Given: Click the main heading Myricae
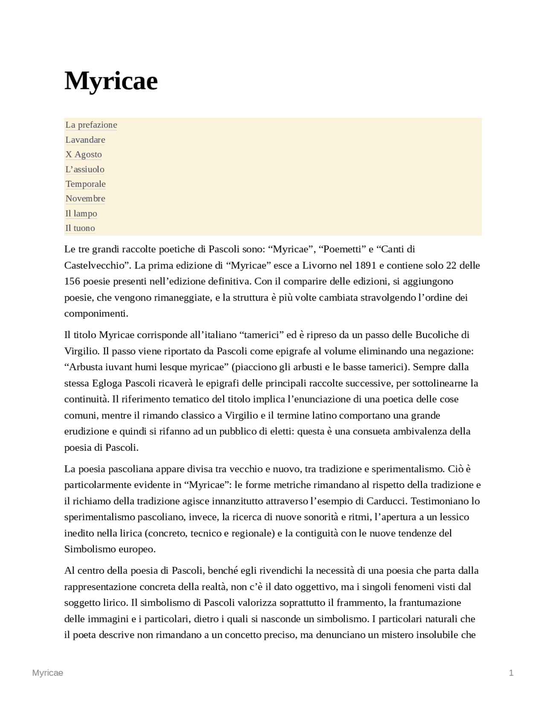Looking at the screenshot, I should click(x=111, y=81).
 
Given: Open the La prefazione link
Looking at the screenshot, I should click(x=91, y=125).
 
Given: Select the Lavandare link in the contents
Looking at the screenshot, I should click(x=85, y=140).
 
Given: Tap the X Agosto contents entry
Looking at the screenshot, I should click(x=84, y=155).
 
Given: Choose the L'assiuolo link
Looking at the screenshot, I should click(x=84, y=169).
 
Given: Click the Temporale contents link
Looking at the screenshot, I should click(x=85, y=184).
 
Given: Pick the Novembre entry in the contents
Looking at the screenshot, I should click(x=85, y=199).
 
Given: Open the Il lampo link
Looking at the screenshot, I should click(x=81, y=213).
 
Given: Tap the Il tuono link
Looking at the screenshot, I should click(x=80, y=228).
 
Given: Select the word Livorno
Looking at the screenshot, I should click(x=319, y=266).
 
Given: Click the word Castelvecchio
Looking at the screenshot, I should click(x=96, y=266).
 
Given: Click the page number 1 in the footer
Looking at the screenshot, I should click(x=511, y=673).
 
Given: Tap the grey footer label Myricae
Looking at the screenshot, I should click(x=48, y=673).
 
